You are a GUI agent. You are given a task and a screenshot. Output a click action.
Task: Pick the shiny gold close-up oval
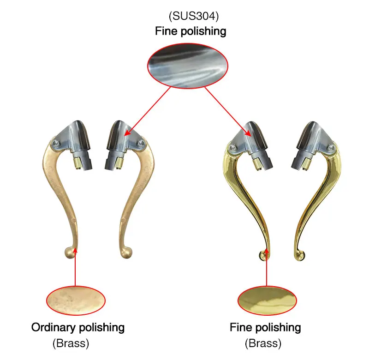click(x=267, y=300)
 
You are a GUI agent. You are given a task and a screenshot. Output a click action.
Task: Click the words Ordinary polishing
click(x=78, y=328)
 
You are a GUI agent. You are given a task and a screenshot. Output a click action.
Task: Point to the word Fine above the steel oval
click(x=164, y=31)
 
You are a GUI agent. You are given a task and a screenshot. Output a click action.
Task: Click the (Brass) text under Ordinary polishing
click(x=71, y=343)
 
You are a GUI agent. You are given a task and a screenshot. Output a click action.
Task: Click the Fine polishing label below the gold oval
click(x=265, y=328)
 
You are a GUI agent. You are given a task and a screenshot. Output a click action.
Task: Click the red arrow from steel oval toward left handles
click(x=148, y=111)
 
